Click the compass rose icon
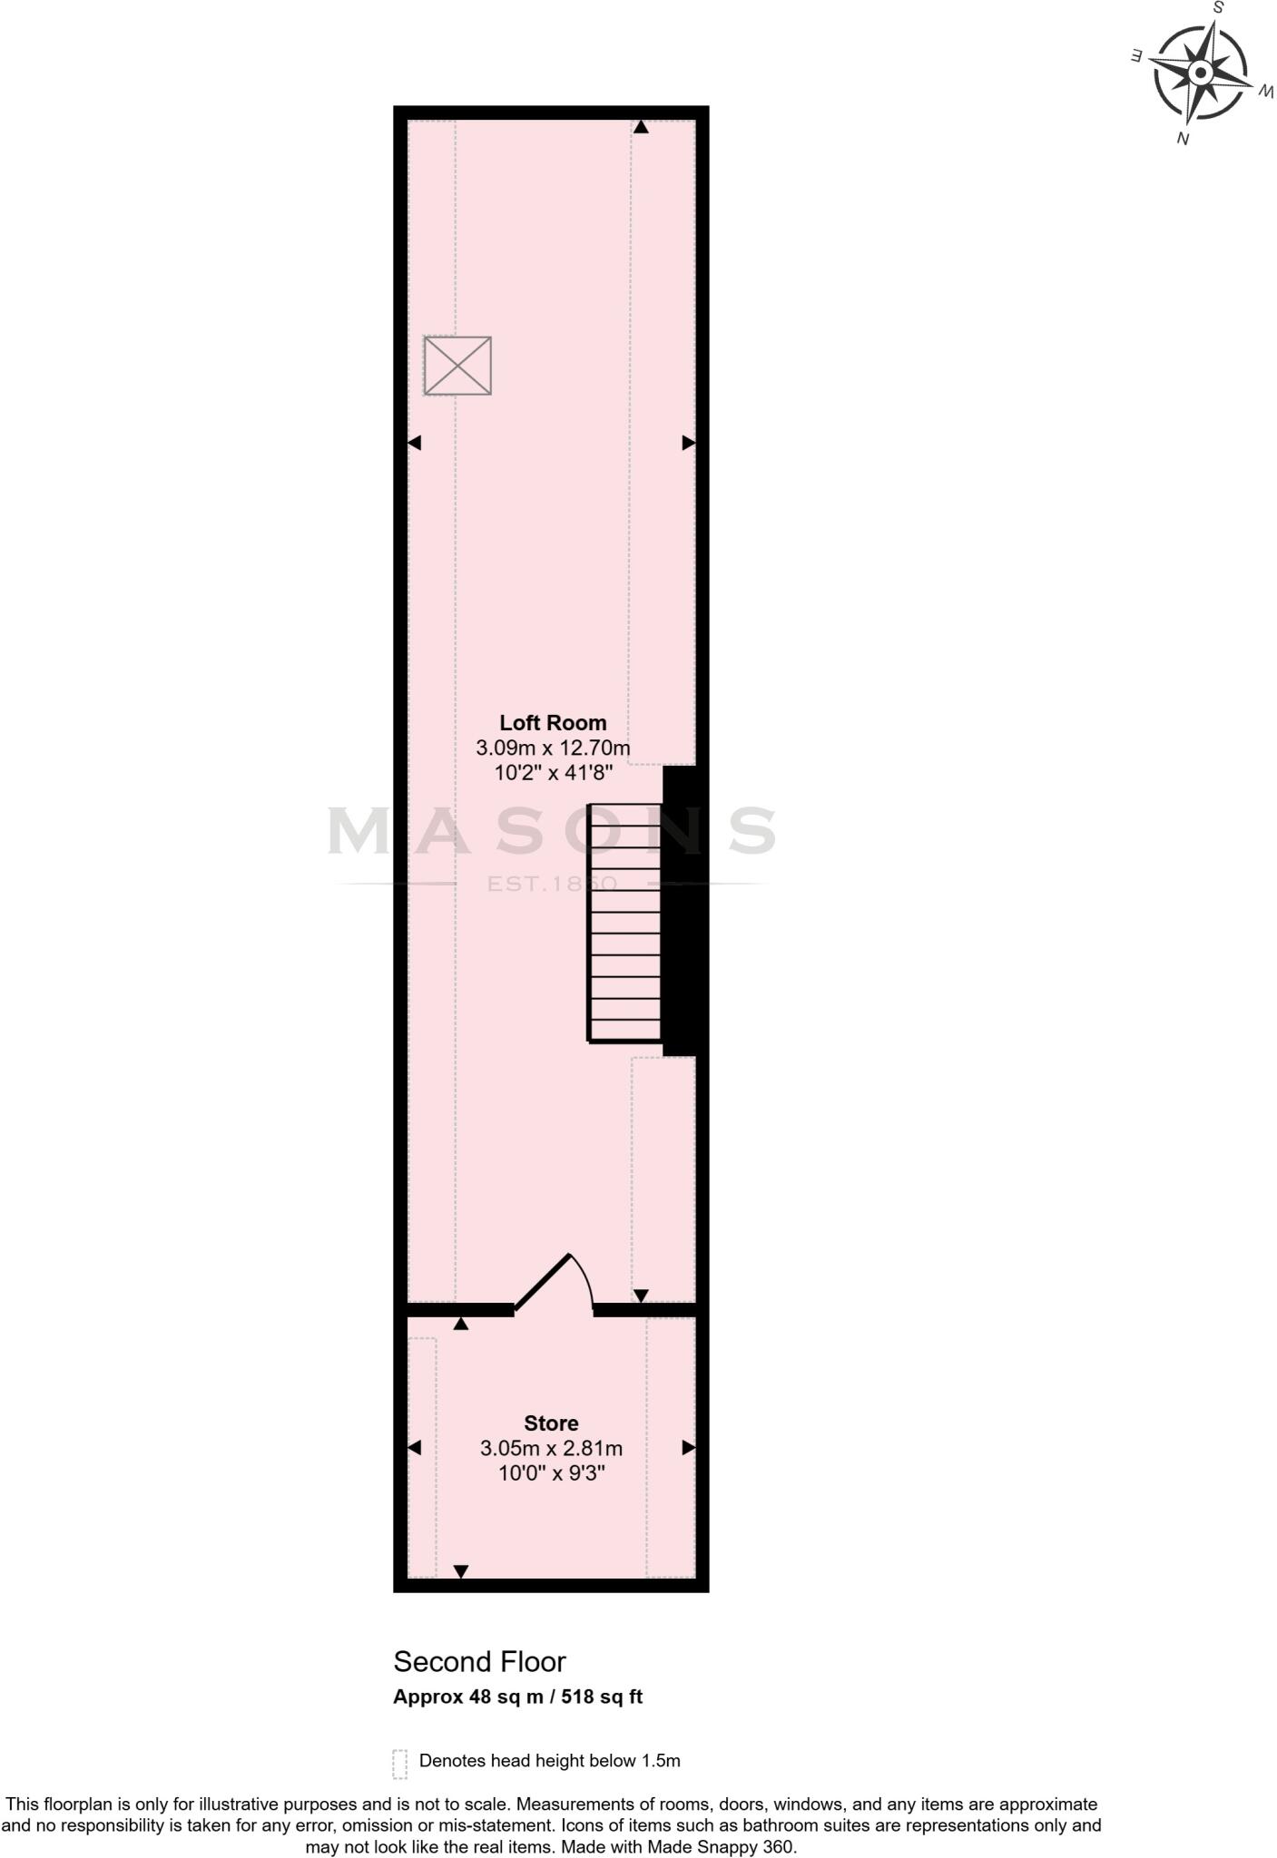point(1200,73)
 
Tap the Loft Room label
point(553,723)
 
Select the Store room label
point(551,1423)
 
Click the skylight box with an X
point(457,366)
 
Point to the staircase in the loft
point(624,923)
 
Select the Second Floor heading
point(479,1661)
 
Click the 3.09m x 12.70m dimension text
point(553,748)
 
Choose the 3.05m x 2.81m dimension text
point(551,1449)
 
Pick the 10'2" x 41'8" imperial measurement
point(553,774)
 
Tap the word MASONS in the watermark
point(552,831)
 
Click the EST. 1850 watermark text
point(552,884)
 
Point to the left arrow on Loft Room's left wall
point(415,443)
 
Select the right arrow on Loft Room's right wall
point(689,443)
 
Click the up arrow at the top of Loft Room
point(641,128)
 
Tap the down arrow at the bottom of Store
point(461,1571)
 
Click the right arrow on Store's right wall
point(689,1448)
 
